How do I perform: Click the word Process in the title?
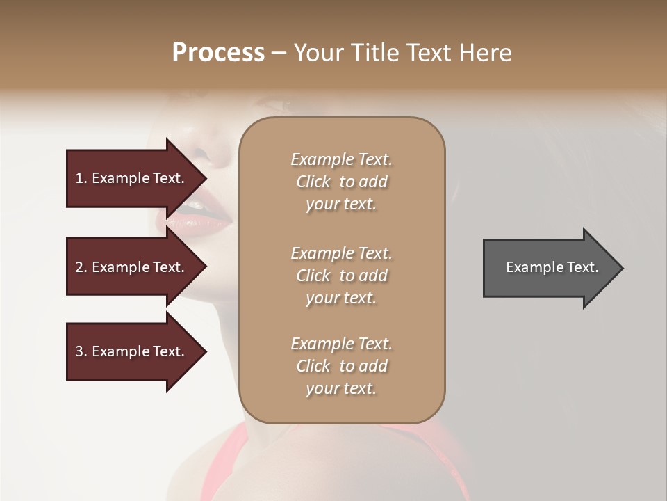pos(218,53)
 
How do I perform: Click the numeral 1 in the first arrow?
pos(79,179)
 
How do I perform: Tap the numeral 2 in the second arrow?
pos(79,268)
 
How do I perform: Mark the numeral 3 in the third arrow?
pos(79,352)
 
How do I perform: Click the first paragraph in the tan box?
pos(341,182)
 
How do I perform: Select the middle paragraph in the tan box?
pos(341,276)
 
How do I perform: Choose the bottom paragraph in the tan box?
pos(341,366)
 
